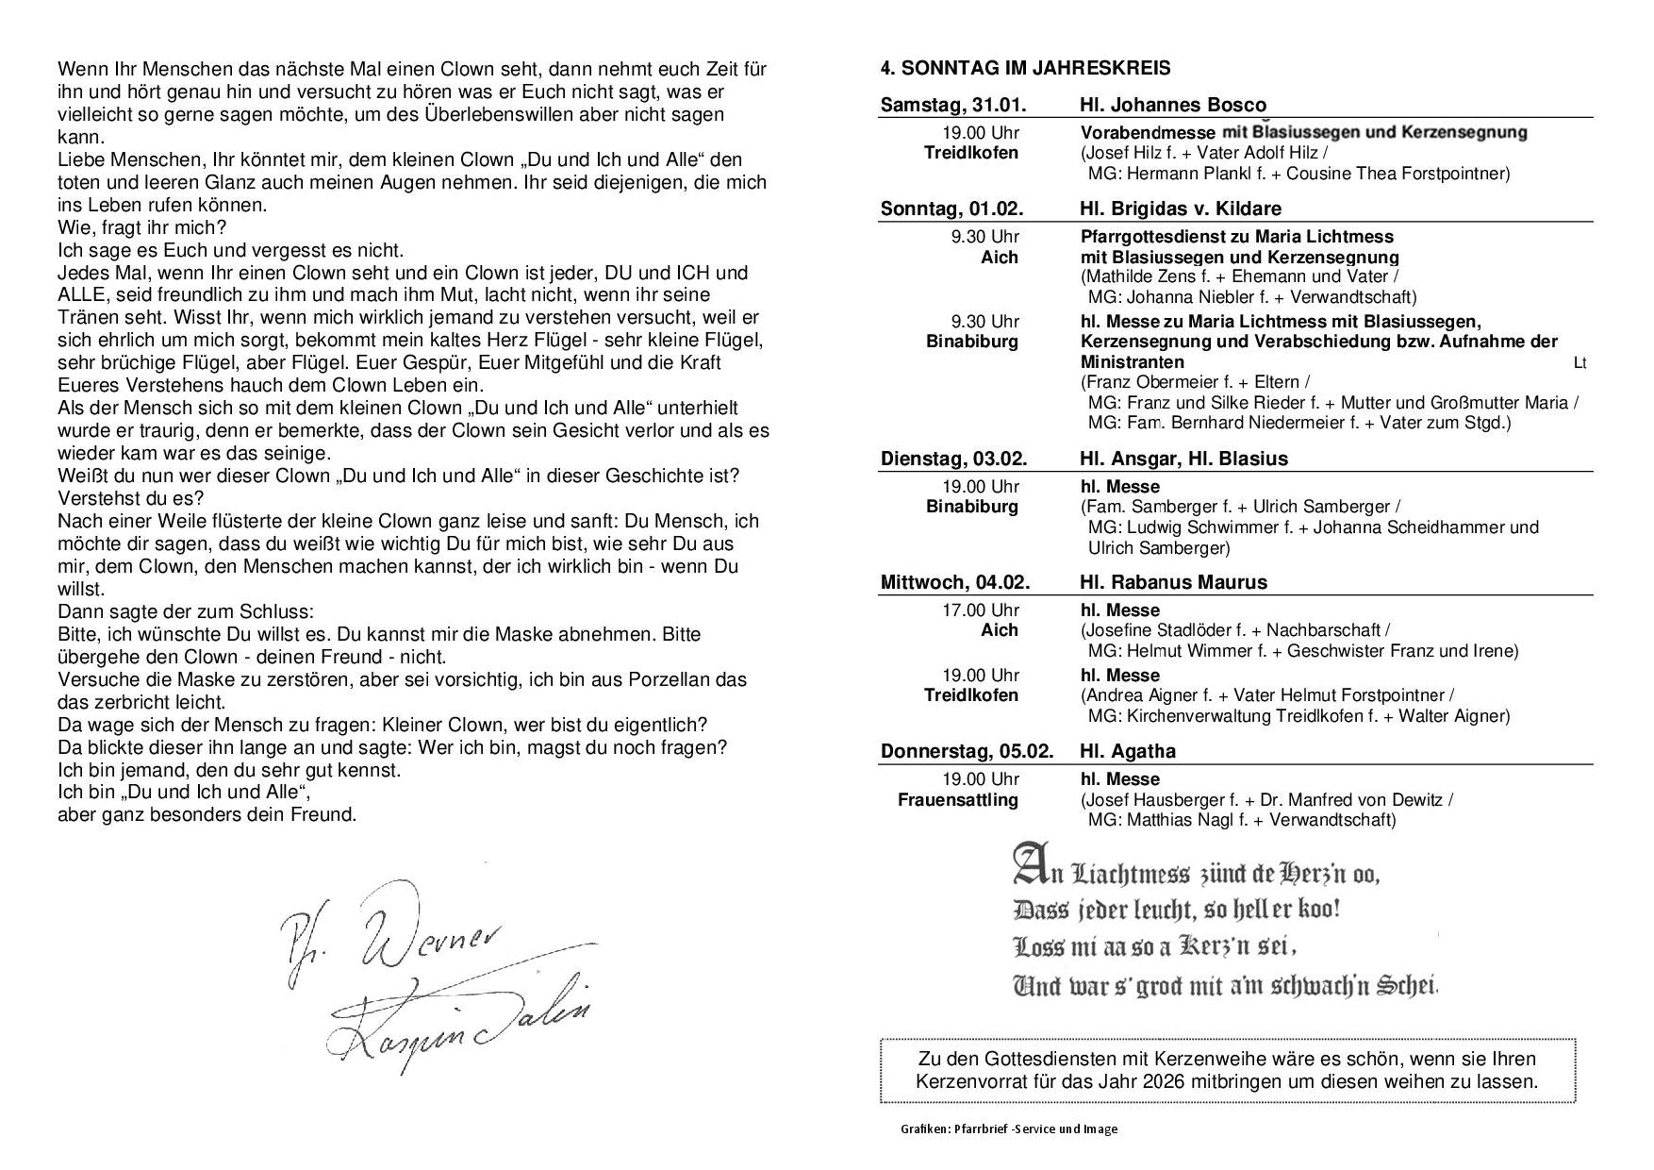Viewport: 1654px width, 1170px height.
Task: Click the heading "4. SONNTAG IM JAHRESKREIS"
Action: coord(1025,68)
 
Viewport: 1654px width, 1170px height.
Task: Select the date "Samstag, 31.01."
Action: coord(952,105)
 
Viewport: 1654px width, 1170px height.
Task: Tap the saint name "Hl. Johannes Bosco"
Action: coord(1173,105)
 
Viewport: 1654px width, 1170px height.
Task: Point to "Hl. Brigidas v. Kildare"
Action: coord(1181,209)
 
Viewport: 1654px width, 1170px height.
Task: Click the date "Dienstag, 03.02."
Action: coord(953,459)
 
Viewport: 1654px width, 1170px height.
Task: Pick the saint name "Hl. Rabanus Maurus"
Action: coord(1173,582)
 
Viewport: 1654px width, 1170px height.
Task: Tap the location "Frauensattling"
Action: coord(958,800)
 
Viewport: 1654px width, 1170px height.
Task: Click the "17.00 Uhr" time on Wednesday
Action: coord(981,610)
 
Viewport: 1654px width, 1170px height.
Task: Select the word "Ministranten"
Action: coord(1133,362)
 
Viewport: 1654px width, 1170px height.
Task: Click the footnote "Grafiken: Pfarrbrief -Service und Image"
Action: coord(1008,1129)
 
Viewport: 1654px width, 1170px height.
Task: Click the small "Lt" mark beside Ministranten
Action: coord(1580,363)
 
